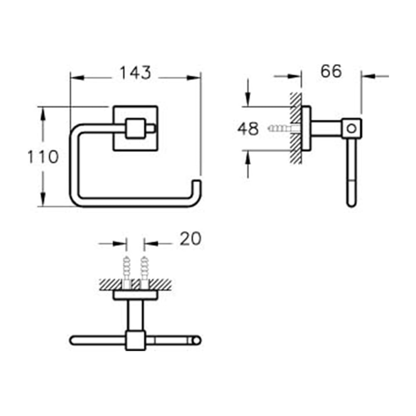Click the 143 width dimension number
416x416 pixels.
coord(135,73)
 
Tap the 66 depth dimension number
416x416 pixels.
coord(331,72)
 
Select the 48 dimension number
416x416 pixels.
coord(248,129)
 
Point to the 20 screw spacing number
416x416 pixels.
coord(191,239)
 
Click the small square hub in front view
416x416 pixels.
coord(135,129)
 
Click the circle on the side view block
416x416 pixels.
coord(352,129)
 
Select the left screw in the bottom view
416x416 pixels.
coord(126,272)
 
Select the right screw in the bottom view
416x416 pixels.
coord(144,272)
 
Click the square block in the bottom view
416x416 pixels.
coord(136,340)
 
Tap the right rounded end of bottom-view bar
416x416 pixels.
coord(197,340)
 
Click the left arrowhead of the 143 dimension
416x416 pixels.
coord(77,78)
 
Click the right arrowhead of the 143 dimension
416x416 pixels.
coord(194,78)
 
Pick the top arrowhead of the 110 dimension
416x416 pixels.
coord(43,114)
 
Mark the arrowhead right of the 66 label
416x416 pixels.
coord(368,76)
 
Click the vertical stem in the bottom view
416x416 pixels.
coord(136,315)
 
